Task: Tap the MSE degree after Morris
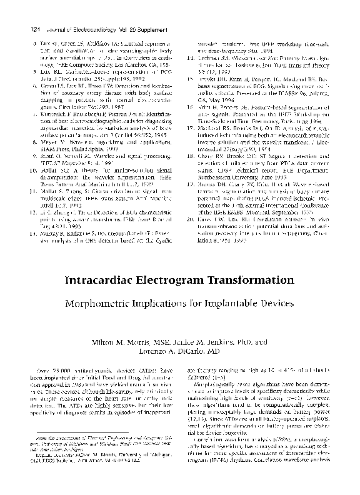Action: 155,342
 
